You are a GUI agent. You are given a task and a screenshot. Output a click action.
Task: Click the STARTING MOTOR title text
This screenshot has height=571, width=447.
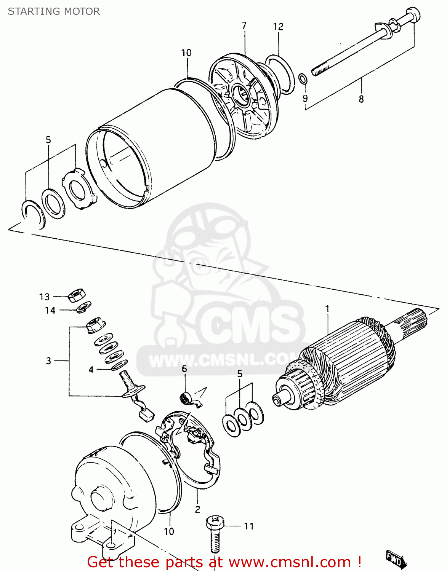54,11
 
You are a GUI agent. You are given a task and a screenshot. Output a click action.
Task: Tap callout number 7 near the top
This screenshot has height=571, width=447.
244,26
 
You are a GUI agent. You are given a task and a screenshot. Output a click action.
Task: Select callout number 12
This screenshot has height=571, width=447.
278,27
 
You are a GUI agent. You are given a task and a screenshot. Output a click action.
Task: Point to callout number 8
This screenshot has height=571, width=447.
361,99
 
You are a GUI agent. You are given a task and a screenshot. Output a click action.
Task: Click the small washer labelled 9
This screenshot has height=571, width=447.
303,79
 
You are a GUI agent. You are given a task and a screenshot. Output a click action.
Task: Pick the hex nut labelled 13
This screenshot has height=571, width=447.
77,295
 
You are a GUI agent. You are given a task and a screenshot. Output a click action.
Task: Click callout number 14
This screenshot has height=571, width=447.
50,311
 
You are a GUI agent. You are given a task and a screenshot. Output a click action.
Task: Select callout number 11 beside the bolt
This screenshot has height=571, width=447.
248,526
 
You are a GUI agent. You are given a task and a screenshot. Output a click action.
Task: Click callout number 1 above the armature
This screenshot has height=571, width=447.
327,309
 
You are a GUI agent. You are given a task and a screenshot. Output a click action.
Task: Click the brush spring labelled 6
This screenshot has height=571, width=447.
185,398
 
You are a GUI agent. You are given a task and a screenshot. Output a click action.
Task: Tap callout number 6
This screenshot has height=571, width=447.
184,368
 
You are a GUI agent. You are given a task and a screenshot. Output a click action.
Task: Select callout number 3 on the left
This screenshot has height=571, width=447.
48,360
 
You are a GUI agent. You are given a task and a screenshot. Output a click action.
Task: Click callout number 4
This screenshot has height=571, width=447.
91,370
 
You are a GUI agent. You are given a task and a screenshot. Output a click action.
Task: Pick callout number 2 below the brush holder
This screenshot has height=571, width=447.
197,509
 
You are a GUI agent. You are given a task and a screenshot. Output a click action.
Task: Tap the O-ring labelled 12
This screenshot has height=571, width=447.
280,74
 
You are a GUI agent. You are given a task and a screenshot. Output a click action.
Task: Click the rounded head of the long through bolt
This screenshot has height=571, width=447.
413,15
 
